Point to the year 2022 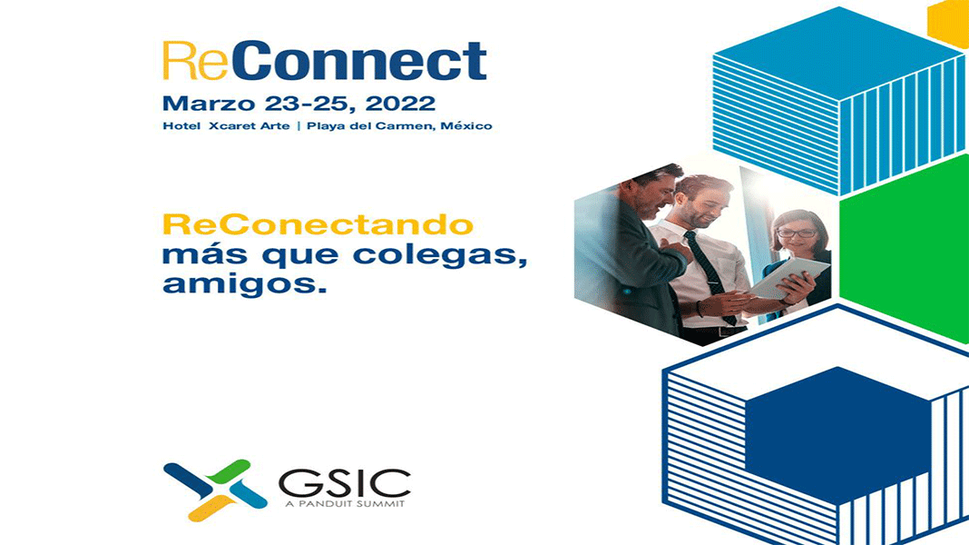400,104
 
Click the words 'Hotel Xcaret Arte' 226,126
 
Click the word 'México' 466,126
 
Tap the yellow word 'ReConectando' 318,224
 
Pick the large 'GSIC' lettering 345,484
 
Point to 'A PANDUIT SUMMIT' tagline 345,504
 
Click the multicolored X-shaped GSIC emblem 215,490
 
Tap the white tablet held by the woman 789,278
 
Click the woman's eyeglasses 797,233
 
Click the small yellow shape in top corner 951,23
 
